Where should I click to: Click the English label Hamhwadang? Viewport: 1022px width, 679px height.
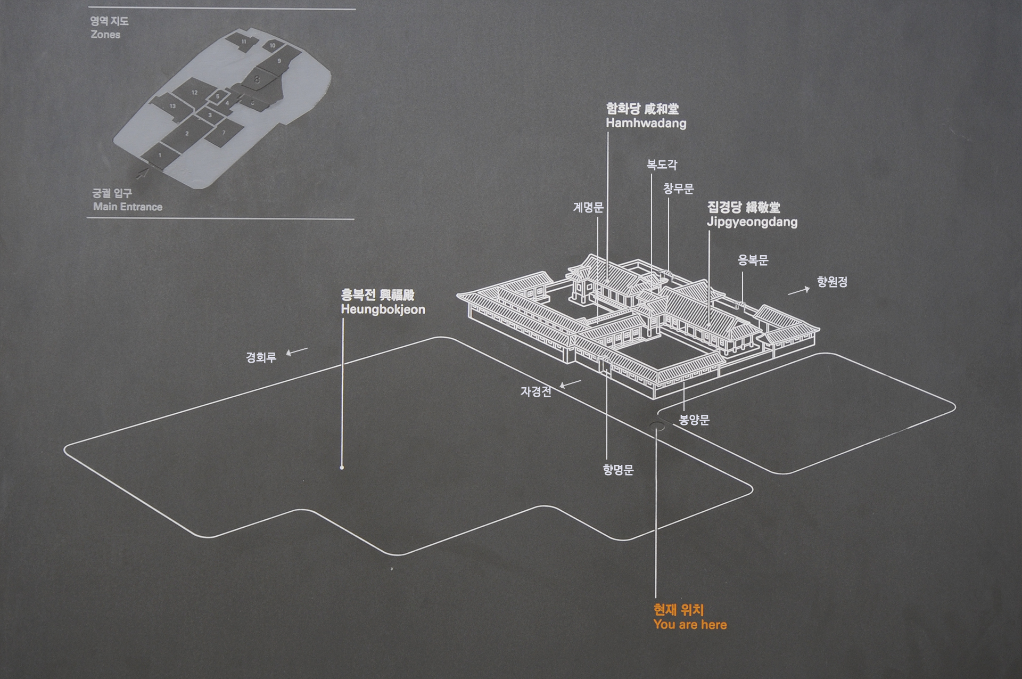[x=646, y=124]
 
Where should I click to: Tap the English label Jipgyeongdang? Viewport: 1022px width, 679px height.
[x=752, y=222]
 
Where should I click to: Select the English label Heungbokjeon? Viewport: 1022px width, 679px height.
[x=383, y=310]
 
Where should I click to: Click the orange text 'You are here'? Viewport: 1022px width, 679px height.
[x=690, y=625]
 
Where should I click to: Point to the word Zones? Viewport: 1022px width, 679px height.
[x=105, y=35]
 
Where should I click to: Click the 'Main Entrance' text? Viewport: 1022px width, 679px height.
[x=128, y=207]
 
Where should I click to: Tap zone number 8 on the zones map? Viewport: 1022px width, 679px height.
[x=258, y=80]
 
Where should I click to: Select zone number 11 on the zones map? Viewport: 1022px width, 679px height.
[x=244, y=42]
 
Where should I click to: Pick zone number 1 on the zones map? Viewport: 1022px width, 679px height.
[x=160, y=156]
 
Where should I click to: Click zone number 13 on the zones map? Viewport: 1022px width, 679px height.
[x=172, y=106]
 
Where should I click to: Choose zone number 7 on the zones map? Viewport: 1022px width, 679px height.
[x=224, y=133]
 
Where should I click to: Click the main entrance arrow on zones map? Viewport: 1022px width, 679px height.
[x=142, y=173]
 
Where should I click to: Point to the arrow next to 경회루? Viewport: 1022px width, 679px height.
[x=296, y=351]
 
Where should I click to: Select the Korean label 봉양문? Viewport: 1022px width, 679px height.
[x=694, y=420]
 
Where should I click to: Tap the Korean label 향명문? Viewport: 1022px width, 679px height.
[x=618, y=470]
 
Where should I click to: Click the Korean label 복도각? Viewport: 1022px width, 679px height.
[x=662, y=165]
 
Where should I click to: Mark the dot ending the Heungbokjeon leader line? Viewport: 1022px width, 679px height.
[x=342, y=468]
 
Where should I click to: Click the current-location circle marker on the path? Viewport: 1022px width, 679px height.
[x=657, y=426]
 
